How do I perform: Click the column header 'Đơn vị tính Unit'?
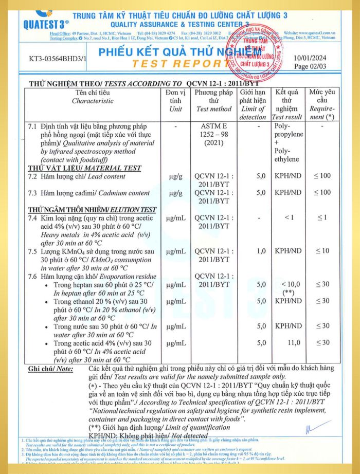click(175, 101)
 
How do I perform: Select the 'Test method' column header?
click(213, 101)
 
